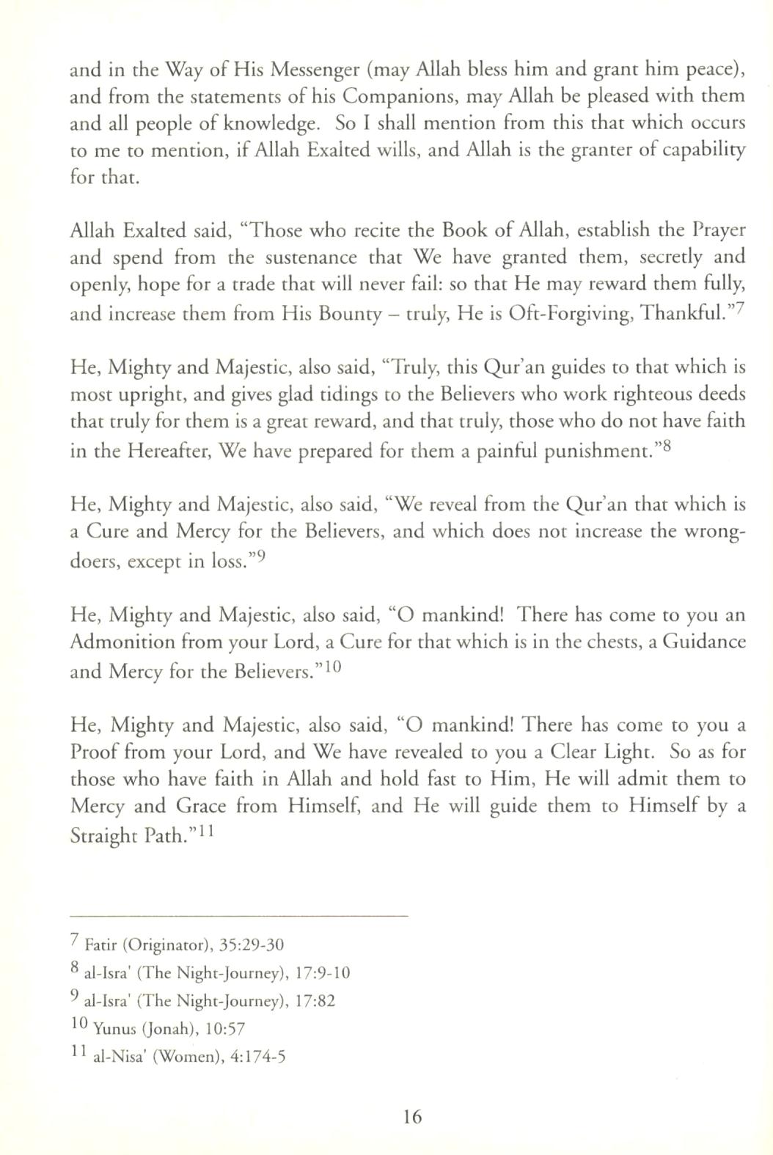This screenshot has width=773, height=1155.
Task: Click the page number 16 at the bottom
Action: (412, 1116)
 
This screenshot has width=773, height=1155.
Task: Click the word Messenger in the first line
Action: (316, 70)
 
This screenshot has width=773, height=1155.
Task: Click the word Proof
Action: (96, 753)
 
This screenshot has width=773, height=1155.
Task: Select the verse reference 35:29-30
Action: (252, 945)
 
